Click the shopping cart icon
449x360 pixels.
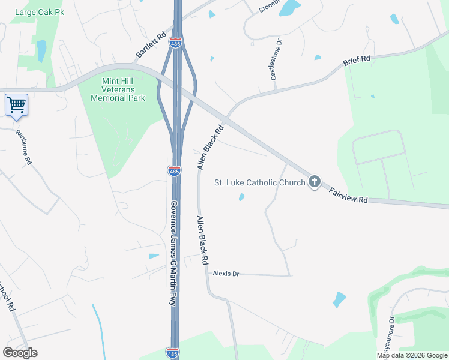[16, 105]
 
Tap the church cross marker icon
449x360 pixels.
[314, 182]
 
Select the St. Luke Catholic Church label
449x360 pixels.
[260, 182]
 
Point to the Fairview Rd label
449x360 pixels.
[348, 196]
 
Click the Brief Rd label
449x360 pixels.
[357, 61]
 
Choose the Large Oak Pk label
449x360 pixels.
[40, 12]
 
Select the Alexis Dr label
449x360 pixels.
[226, 274]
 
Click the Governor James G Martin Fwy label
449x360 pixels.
[173, 253]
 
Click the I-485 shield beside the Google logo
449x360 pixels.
[173, 352]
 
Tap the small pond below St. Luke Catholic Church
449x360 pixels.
[241, 197]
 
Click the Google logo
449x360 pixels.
[20, 353]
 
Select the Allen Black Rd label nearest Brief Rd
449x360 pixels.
[210, 148]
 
